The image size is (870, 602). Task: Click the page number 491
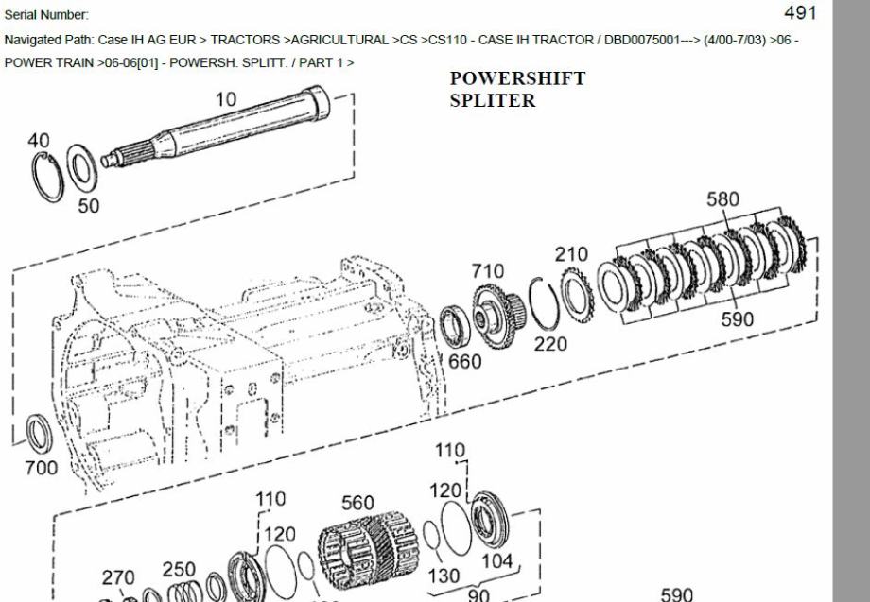click(801, 12)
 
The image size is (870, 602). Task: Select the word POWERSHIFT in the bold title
click(517, 78)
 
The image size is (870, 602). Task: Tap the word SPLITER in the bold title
click(493, 100)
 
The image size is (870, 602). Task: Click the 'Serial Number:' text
click(46, 15)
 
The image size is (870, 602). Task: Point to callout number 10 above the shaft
click(225, 99)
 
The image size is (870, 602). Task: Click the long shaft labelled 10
click(216, 128)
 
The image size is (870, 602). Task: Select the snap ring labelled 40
click(47, 177)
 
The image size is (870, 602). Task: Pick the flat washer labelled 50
click(82, 165)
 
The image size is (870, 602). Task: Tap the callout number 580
click(723, 199)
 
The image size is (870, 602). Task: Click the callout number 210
click(571, 254)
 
